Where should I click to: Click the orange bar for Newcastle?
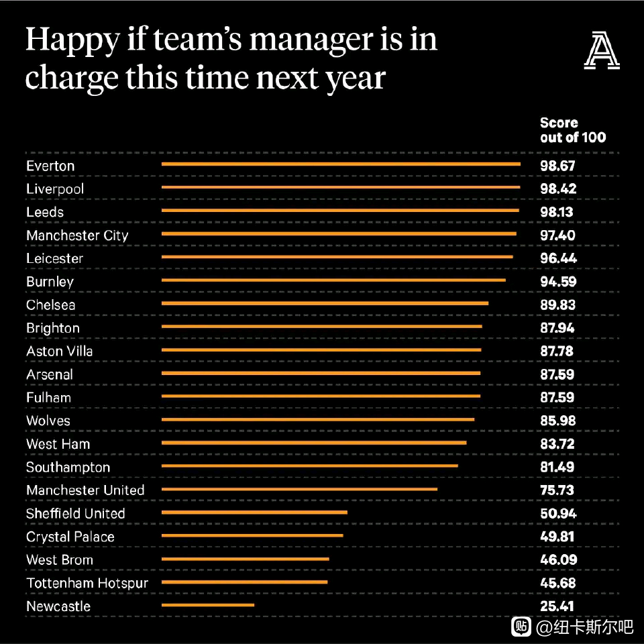208,605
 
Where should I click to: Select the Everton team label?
50,166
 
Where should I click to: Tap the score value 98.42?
558,189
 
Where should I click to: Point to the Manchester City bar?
339,233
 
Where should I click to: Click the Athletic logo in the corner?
602,50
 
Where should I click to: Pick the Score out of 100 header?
573,129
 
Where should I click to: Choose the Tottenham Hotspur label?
87,584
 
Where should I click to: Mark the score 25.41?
557,606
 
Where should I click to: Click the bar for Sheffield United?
254,512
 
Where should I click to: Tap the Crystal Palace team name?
70,537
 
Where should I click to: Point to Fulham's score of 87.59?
557,397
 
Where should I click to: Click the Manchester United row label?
85,490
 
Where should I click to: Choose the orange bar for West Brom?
246,559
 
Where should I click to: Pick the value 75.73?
557,490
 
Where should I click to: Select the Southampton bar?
310,466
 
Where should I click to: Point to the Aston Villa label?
60,351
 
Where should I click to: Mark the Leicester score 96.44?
558,258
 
